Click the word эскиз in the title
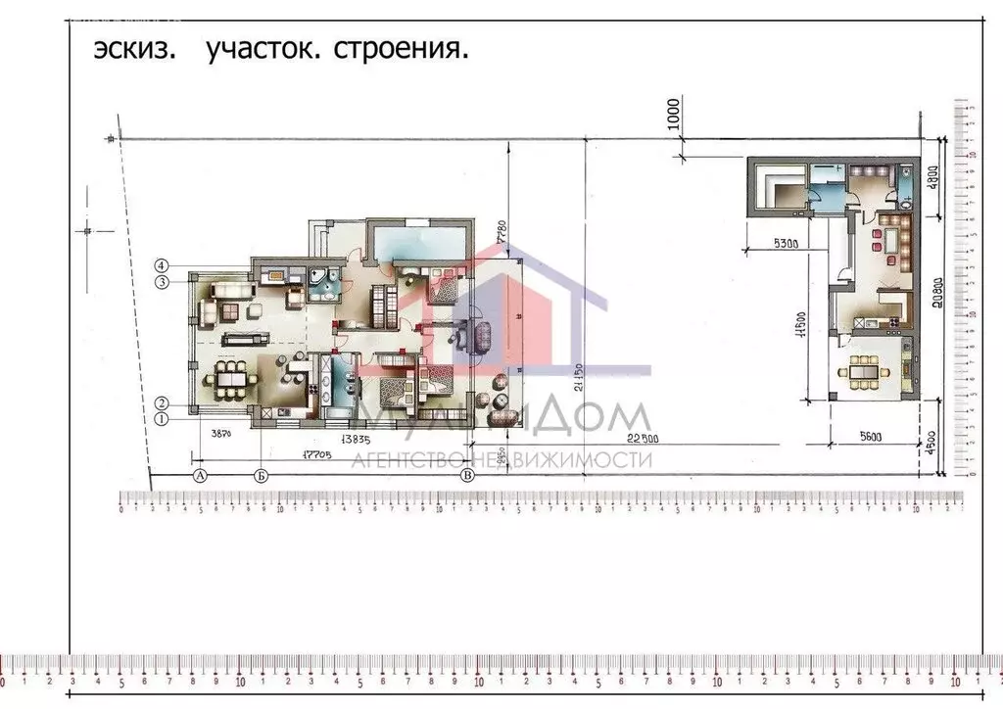[135, 50]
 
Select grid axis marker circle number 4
[164, 264]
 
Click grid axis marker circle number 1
[164, 419]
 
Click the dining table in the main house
[231, 377]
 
